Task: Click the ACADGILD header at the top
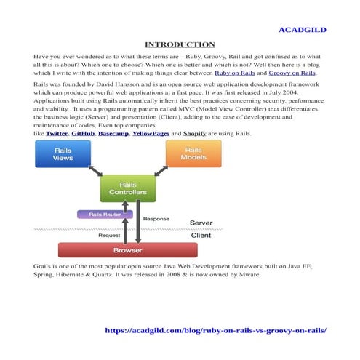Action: (x=303, y=30)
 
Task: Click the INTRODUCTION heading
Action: (x=180, y=44)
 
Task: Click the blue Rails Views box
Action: (x=63, y=153)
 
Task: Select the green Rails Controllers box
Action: (x=127, y=188)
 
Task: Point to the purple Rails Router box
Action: (x=105, y=215)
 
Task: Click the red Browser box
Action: (x=127, y=250)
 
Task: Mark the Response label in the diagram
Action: (x=156, y=218)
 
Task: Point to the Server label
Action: (x=201, y=222)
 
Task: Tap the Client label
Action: (x=201, y=236)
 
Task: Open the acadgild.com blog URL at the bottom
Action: (x=216, y=329)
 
